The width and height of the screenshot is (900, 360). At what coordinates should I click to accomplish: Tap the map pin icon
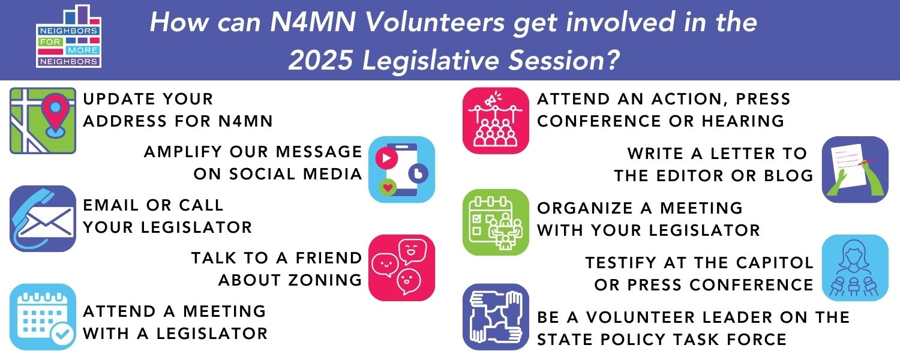pyautogui.click(x=43, y=121)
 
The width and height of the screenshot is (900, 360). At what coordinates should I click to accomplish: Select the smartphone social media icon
pyautogui.click(x=401, y=169)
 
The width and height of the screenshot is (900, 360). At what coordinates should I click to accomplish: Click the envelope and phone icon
pyautogui.click(x=43, y=218)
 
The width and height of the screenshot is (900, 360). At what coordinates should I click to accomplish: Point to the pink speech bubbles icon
pyautogui.click(x=401, y=267)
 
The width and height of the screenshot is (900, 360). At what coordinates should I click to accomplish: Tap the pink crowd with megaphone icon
pyautogui.click(x=495, y=121)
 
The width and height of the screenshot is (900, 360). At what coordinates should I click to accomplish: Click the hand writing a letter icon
pyautogui.click(x=854, y=169)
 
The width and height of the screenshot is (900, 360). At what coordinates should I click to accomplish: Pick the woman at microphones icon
pyautogui.click(x=854, y=267)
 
